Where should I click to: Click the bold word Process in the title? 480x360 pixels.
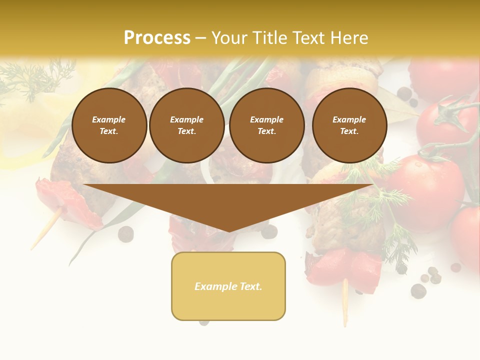tap(157, 37)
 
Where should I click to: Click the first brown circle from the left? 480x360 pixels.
tap(109, 125)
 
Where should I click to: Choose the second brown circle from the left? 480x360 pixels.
tap(186, 125)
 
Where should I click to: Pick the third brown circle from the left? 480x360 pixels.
tap(266, 125)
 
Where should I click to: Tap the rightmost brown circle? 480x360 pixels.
tap(349, 125)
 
